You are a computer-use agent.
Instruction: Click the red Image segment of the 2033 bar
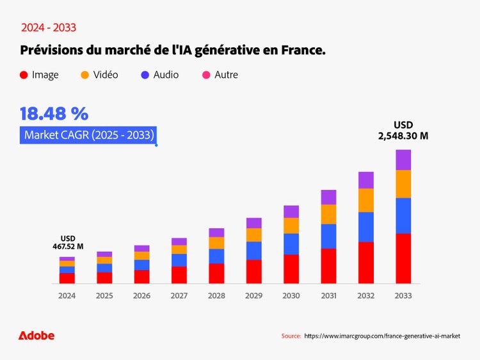click(403, 258)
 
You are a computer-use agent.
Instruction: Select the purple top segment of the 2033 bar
click(403, 160)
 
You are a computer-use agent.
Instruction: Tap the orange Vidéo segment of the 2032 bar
click(366, 200)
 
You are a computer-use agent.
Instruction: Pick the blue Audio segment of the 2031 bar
click(329, 236)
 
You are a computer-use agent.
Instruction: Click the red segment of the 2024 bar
click(67, 278)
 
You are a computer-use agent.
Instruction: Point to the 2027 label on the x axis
click(179, 296)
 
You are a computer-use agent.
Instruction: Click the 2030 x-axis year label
click(291, 296)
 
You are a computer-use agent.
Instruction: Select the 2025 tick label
click(104, 296)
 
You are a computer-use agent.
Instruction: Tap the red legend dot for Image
click(24, 75)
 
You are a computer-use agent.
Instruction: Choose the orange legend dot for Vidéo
click(84, 75)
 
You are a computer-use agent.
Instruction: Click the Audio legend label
click(166, 75)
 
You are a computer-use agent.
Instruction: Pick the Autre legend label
click(226, 75)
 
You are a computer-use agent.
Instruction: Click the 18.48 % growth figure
click(54, 114)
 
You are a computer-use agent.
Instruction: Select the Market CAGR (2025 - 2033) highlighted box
click(88, 135)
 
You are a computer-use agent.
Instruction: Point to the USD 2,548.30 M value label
click(403, 130)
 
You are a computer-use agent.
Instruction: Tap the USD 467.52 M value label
click(67, 242)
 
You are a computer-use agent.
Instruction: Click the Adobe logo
click(36, 336)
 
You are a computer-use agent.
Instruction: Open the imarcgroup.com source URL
click(382, 336)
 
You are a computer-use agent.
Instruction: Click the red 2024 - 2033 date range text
click(49, 27)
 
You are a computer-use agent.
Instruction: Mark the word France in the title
click(303, 50)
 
